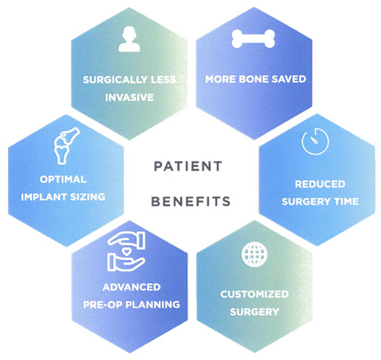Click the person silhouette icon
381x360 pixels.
coord(129,39)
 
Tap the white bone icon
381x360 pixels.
coord(253,39)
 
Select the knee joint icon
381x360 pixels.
coord(66,145)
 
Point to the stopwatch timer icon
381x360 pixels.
coord(315,141)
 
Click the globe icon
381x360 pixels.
coord(254,255)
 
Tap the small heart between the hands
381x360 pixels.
coord(127,251)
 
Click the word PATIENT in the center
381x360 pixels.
coord(188,166)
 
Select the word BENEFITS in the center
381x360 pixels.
coord(190,202)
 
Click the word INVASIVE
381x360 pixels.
coord(129,98)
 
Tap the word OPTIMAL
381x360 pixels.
coord(63,179)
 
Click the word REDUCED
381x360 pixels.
coord(320,184)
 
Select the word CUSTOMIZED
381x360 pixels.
coord(254,294)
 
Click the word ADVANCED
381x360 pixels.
coord(132,287)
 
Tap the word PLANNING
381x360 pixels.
coord(152,305)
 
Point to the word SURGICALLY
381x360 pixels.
coord(115,80)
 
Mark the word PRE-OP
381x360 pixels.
coord(103,305)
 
